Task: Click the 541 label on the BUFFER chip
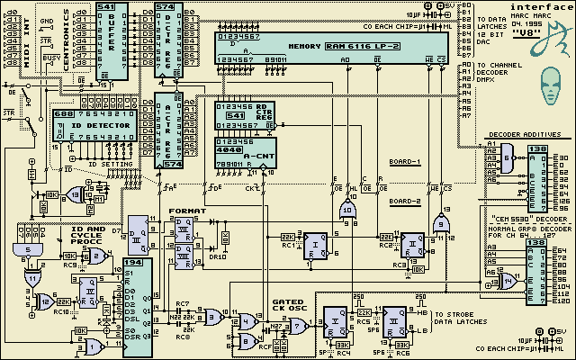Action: point(106,6)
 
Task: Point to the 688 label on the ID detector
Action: point(64,114)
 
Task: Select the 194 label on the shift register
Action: point(133,262)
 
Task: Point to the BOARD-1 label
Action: point(406,162)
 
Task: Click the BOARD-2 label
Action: point(406,202)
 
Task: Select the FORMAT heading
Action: point(187,211)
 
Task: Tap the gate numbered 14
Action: point(511,281)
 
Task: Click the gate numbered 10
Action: point(346,209)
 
